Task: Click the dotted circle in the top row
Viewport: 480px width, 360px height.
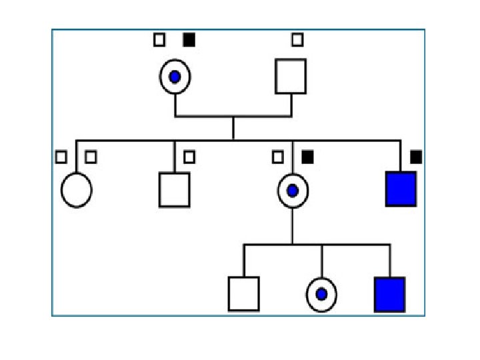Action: click(x=175, y=77)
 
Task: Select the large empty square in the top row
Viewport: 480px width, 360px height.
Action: click(x=291, y=76)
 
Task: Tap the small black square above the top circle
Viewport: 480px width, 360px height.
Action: click(x=189, y=40)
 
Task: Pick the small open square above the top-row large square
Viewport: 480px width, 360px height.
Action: click(x=297, y=40)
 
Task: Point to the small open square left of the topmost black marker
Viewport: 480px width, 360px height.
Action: click(x=159, y=40)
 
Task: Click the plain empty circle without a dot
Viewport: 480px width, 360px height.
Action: click(x=77, y=190)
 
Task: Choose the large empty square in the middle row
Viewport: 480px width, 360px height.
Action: click(x=175, y=190)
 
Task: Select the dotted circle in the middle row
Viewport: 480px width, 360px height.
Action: click(x=292, y=191)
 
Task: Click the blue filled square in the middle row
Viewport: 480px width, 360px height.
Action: click(x=401, y=189)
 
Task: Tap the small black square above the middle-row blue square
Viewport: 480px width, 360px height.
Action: click(x=416, y=157)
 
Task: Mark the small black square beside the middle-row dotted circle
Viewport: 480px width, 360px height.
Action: click(x=307, y=157)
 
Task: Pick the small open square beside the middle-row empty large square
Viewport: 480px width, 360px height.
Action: click(x=189, y=157)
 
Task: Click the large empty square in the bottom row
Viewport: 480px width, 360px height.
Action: click(x=243, y=293)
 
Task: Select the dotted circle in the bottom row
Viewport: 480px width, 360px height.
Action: click(x=321, y=294)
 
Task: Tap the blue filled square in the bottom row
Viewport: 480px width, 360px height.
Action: click(x=390, y=294)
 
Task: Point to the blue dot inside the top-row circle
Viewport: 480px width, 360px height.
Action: click(x=175, y=77)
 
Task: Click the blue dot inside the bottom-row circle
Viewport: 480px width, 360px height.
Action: click(x=321, y=294)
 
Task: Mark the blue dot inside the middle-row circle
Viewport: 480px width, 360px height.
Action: click(x=292, y=191)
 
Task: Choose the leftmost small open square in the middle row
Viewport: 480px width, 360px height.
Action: click(x=61, y=157)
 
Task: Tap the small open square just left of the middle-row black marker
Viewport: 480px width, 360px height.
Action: click(x=278, y=157)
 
